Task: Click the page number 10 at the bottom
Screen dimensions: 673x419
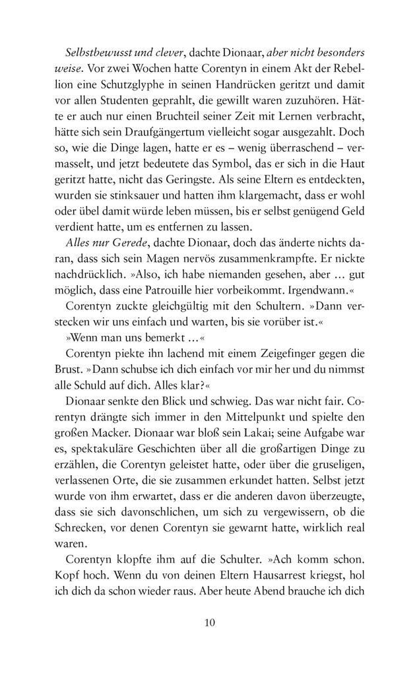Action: click(209, 623)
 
